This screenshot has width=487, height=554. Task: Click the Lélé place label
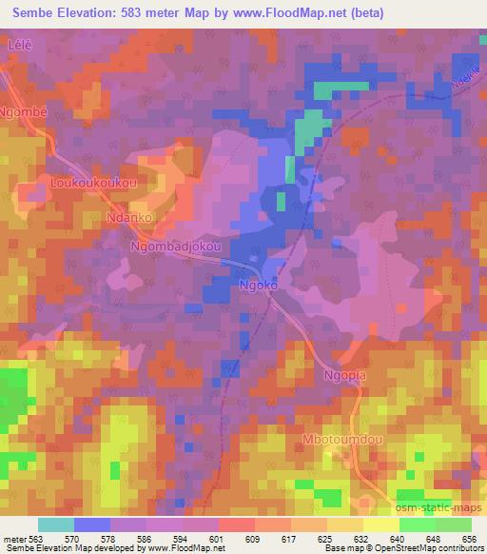(21, 44)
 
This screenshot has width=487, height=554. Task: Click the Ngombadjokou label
(176, 247)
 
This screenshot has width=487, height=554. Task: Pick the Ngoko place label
(257, 285)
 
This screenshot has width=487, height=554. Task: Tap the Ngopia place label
(347, 375)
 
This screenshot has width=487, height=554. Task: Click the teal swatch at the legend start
(56, 524)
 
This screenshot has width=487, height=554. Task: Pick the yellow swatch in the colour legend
(381, 524)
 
